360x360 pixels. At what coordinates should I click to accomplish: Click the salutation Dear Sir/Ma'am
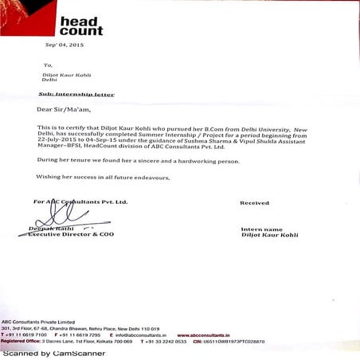pyautogui.click(x=61, y=109)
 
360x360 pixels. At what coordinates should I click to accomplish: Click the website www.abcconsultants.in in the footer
pyautogui.click(x=205, y=335)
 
